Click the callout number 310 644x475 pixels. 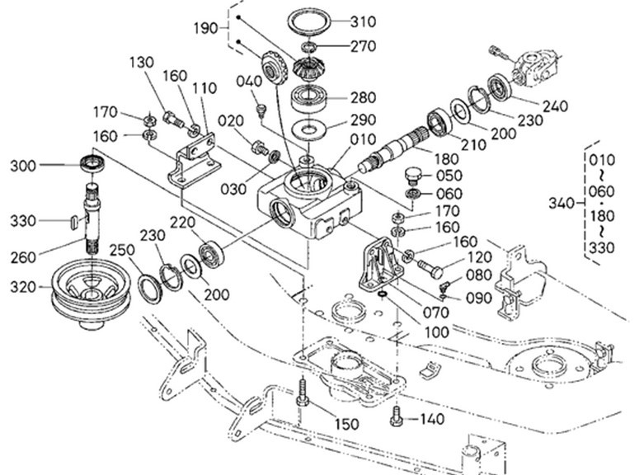click(363, 21)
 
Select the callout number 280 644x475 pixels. click(363, 98)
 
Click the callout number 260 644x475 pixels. click(23, 257)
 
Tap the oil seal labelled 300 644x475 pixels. click(93, 163)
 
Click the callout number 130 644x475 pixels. click(142, 63)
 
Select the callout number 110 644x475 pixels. click(204, 88)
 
